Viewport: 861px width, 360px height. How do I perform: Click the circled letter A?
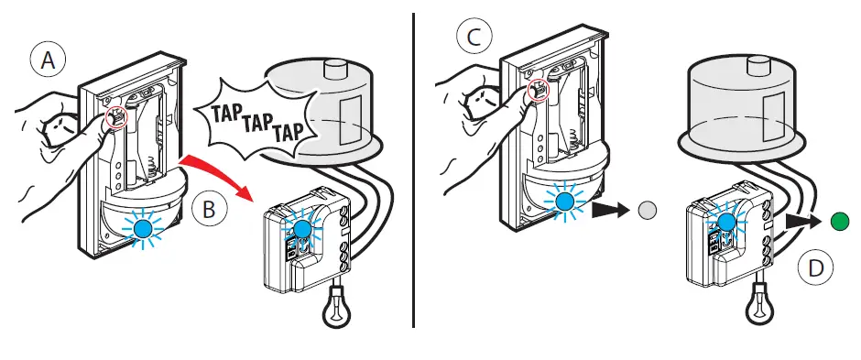point(48,60)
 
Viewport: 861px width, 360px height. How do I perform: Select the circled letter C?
point(474,38)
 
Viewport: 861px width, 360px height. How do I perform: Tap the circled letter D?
point(816,268)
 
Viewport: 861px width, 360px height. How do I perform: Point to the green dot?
point(840,221)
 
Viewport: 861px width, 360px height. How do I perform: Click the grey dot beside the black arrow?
point(648,209)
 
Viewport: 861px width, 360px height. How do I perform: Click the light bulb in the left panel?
point(336,306)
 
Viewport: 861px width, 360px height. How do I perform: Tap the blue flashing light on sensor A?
point(144,227)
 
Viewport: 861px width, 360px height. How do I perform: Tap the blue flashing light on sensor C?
point(564,202)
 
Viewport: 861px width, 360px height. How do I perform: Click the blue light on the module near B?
point(301,229)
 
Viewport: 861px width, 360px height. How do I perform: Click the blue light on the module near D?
point(726,223)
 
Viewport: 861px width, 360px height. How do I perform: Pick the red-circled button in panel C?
point(537,90)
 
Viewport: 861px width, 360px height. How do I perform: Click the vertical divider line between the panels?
point(413,170)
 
